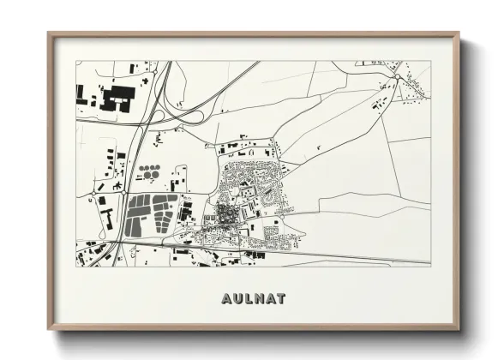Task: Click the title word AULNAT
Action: [253, 299]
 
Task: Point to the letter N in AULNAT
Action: [261, 299]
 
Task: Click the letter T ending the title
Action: [285, 299]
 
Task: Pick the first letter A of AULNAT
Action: [225, 299]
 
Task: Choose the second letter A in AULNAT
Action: [273, 299]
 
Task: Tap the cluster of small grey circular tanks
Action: [152, 171]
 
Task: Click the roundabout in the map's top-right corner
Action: [397, 78]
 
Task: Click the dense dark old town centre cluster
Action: [225, 212]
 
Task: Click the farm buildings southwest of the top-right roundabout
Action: [376, 104]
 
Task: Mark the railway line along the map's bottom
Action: [343, 256]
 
